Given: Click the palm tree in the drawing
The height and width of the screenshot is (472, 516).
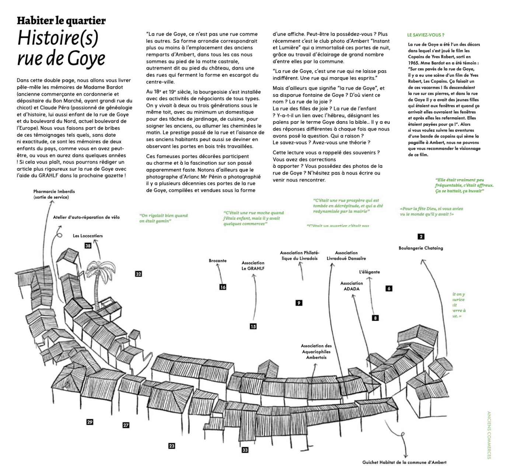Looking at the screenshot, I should pyautogui.click(x=97, y=280).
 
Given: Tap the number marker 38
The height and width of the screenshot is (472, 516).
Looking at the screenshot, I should pyautogui.click(x=88, y=246).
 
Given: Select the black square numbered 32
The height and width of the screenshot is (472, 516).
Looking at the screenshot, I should pyautogui.click(x=139, y=274).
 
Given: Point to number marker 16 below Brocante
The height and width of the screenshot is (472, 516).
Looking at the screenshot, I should pyautogui.click(x=223, y=287).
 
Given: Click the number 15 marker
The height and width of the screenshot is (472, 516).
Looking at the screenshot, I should pyautogui.click(x=253, y=326).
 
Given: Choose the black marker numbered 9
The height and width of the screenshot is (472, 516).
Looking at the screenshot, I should pyautogui.click(x=299, y=303).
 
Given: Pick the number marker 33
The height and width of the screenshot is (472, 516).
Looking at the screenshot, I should pyautogui.click(x=245, y=450).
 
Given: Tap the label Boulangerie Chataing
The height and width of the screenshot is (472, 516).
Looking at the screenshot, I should pyautogui.click(x=421, y=248).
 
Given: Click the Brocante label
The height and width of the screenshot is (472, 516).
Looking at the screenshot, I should pyautogui.click(x=217, y=261).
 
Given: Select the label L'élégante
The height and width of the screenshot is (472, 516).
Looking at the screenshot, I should pyautogui.click(x=369, y=272).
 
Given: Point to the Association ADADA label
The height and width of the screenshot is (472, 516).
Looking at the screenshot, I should pyautogui.click(x=352, y=286).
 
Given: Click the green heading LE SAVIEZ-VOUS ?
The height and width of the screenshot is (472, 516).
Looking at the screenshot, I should pyautogui.click(x=426, y=35).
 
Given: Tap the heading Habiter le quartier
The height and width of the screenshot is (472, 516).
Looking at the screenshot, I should pyautogui.click(x=61, y=21).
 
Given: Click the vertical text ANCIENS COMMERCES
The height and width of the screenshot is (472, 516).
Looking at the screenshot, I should pyautogui.click(x=489, y=435).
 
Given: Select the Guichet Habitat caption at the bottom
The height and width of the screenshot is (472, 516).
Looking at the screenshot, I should pyautogui.click(x=404, y=462).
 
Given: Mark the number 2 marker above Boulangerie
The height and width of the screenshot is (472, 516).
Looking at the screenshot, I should pyautogui.click(x=421, y=237).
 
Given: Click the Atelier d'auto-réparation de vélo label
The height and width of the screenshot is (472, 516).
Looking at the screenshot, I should pyautogui.click(x=86, y=217).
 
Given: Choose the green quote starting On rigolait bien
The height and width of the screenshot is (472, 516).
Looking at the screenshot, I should pyautogui.click(x=163, y=218).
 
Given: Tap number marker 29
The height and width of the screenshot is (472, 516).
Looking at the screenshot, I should pyautogui.click(x=90, y=422).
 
